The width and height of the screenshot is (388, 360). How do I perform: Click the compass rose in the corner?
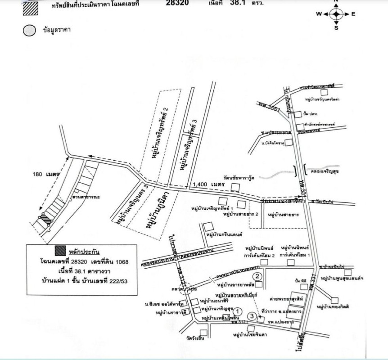click(336, 13)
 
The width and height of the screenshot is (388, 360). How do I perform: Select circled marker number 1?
click(239, 310)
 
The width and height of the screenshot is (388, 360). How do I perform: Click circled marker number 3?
click(253, 317)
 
